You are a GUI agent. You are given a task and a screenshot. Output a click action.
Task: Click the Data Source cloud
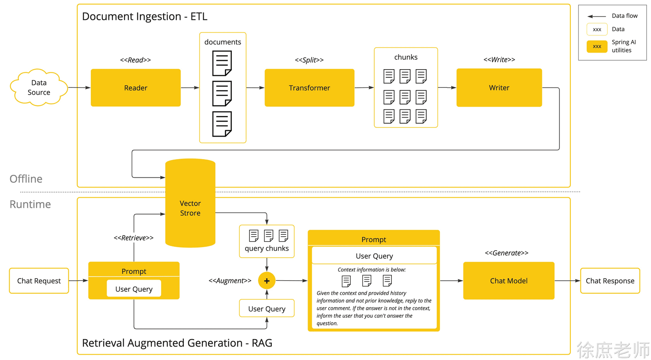[x=39, y=87]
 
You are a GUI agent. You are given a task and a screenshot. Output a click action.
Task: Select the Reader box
[x=136, y=88]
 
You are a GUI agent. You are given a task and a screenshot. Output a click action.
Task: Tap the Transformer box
[x=310, y=88]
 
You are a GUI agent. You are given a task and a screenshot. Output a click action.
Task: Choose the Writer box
[x=499, y=88]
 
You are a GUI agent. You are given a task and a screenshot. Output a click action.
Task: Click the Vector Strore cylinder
[x=190, y=203]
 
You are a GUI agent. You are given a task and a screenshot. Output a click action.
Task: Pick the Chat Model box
[x=509, y=281]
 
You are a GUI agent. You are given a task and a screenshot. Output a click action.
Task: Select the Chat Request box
[x=39, y=281]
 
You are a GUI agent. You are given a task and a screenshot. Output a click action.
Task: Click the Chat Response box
[x=610, y=281]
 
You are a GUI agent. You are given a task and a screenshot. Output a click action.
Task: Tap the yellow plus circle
[x=267, y=281]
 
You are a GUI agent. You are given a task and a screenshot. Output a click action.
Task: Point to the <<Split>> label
[x=309, y=60]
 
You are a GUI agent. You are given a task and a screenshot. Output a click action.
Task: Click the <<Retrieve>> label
[x=134, y=238]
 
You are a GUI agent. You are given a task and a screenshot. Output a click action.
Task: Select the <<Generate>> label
[x=507, y=253]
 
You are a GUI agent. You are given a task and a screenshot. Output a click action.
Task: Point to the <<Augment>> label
[x=230, y=281]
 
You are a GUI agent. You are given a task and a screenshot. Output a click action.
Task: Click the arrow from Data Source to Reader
[x=79, y=87]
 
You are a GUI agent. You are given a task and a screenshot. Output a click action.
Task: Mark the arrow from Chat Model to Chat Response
[x=568, y=281]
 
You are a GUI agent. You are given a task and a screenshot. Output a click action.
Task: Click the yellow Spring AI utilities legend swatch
[x=597, y=46]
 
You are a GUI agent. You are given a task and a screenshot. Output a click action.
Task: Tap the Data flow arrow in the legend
[x=596, y=16]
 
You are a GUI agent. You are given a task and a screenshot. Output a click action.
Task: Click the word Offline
[x=26, y=179]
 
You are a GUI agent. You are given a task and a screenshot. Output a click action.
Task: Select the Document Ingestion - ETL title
[x=145, y=17]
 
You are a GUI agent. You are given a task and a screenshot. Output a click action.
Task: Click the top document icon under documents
[x=222, y=63]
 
